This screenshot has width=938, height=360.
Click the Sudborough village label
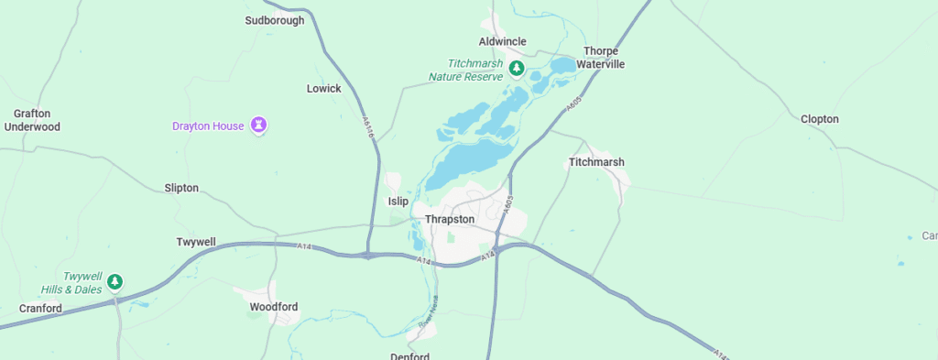(275, 20)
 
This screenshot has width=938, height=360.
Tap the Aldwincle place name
(504, 42)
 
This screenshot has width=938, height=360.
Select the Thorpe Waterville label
(600, 58)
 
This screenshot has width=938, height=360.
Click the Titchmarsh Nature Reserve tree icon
(517, 69)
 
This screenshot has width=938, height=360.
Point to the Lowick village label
(323, 89)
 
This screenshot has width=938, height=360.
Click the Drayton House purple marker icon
(259, 125)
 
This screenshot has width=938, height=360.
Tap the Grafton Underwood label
(32, 120)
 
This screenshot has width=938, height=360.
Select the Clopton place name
(819, 119)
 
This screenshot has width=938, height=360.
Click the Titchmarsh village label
(596, 162)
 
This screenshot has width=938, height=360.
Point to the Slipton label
(181, 188)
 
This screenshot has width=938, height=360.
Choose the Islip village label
(398, 202)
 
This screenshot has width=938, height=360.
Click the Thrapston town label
(450, 220)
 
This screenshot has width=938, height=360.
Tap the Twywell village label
(196, 242)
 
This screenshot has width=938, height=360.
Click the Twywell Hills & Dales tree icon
(115, 281)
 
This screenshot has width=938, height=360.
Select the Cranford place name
(41, 309)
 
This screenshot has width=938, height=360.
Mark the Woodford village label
(274, 307)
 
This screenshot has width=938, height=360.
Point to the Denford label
(409, 355)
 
